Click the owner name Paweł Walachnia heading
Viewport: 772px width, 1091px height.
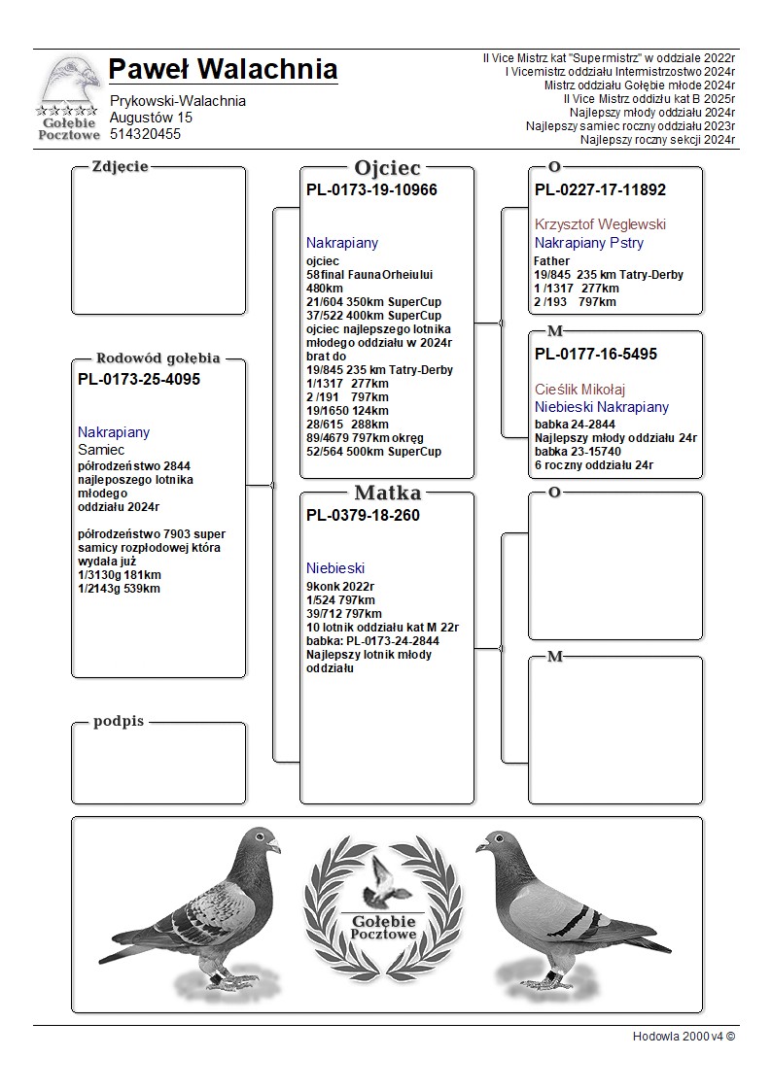pyautogui.click(x=223, y=70)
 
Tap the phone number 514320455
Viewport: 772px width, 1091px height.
pyautogui.click(x=145, y=134)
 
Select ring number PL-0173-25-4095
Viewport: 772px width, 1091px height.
pyautogui.click(x=139, y=380)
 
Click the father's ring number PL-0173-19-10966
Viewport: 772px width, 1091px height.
pyautogui.click(x=371, y=190)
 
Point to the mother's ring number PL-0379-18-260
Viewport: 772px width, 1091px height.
pyautogui.click(x=363, y=516)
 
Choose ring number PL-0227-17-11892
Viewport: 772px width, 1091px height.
pyautogui.click(x=600, y=190)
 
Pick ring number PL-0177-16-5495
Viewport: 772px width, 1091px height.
pyautogui.click(x=596, y=355)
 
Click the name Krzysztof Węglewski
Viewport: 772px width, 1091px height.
pyautogui.click(x=600, y=224)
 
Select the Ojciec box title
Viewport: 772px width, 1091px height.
pyautogui.click(x=387, y=168)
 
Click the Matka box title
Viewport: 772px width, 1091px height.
pyautogui.click(x=387, y=493)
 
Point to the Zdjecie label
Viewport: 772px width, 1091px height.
pyautogui.click(x=120, y=166)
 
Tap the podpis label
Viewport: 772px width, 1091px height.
pyautogui.click(x=119, y=721)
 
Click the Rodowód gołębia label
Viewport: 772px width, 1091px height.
pyautogui.click(x=158, y=358)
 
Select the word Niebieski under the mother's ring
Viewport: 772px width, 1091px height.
pyautogui.click(x=334, y=567)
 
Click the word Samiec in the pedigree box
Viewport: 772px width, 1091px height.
pyautogui.click(x=101, y=450)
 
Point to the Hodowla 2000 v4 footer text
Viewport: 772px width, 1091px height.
pyautogui.click(x=684, y=1036)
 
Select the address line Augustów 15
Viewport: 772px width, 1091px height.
pyautogui.click(x=151, y=118)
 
